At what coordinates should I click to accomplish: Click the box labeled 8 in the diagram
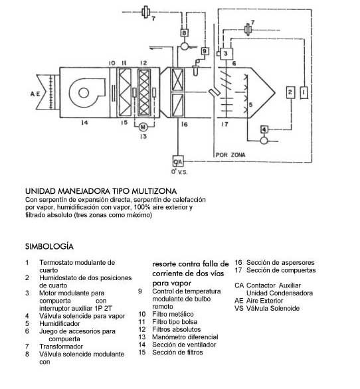184,33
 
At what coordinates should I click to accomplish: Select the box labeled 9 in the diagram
205,51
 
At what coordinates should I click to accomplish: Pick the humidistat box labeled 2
290,92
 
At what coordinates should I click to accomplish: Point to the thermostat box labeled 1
304,92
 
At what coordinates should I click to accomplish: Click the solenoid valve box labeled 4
264,129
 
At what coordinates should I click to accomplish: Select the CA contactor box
178,161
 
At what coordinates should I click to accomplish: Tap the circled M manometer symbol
143,127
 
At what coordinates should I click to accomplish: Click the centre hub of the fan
84,93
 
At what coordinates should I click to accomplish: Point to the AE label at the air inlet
35,94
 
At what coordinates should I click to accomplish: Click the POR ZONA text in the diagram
230,155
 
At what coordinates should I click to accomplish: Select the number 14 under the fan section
84,122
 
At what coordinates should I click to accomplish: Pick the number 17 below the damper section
225,124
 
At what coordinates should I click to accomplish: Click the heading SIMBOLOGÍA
49,246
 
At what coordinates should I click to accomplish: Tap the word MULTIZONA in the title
154,191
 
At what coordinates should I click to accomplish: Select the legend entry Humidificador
60,323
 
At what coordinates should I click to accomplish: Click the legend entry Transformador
61,347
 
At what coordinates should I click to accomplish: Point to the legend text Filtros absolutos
177,329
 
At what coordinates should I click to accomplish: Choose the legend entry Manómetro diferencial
185,337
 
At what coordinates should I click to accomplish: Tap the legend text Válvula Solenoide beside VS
273,308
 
